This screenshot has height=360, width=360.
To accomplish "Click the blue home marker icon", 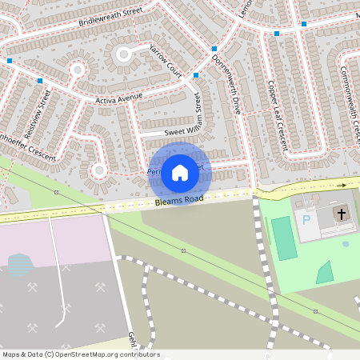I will pos(180,172).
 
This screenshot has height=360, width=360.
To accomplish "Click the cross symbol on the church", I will pos(341,214).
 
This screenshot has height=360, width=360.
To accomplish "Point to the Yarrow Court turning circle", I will pos(123,54).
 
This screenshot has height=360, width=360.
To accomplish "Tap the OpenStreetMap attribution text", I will pos(80,354).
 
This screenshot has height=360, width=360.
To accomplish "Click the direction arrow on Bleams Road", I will pos(342,185).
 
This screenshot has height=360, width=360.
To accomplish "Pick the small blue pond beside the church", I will pos(346,244).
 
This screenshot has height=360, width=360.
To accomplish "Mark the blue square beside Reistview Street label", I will pos(39,81).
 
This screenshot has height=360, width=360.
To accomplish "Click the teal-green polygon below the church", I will pos(324,274).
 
